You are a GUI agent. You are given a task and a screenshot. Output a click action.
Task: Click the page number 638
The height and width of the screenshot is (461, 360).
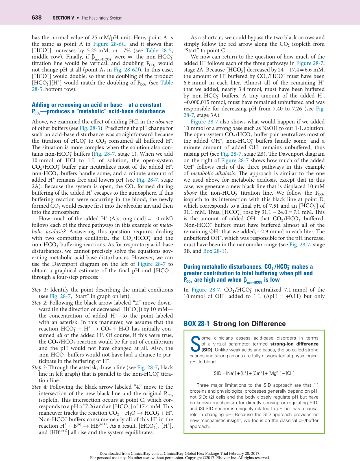click(37, 18)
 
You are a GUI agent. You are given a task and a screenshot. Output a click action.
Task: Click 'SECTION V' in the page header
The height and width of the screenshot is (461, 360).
click(64, 18)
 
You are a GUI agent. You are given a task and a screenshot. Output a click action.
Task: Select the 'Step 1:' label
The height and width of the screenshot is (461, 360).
click(40, 290)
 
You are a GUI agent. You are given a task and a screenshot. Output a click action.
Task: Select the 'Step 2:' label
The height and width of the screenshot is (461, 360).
click(40, 303)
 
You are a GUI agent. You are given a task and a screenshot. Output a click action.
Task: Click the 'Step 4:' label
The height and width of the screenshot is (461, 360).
click(40, 387)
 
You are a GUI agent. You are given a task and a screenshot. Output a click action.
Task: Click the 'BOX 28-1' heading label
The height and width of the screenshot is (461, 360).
click(197, 324)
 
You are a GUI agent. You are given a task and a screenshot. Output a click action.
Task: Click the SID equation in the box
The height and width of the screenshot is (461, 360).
click(254, 373)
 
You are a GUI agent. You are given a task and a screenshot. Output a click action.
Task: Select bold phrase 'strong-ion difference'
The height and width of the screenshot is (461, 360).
click(294, 344)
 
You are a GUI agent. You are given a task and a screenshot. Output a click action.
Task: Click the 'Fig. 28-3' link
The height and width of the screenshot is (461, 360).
click(90, 128)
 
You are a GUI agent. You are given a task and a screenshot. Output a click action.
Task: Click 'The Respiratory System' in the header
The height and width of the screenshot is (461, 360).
click(102, 18)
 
